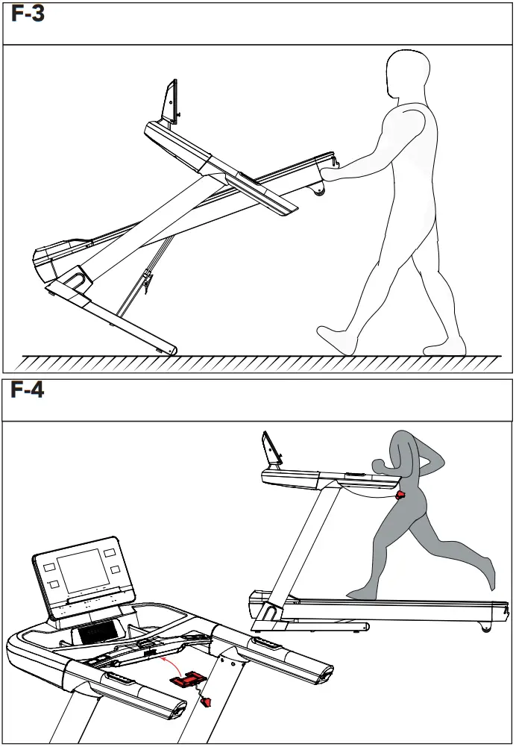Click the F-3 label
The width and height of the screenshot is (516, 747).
click(28, 14)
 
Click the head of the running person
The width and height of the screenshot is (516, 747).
click(403, 448)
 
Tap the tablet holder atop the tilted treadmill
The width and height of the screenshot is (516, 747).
click(171, 101)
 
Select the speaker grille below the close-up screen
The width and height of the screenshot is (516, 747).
click(95, 633)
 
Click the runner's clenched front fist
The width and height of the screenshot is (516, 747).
click(378, 466)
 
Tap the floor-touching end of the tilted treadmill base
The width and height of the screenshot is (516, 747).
click(172, 349)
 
